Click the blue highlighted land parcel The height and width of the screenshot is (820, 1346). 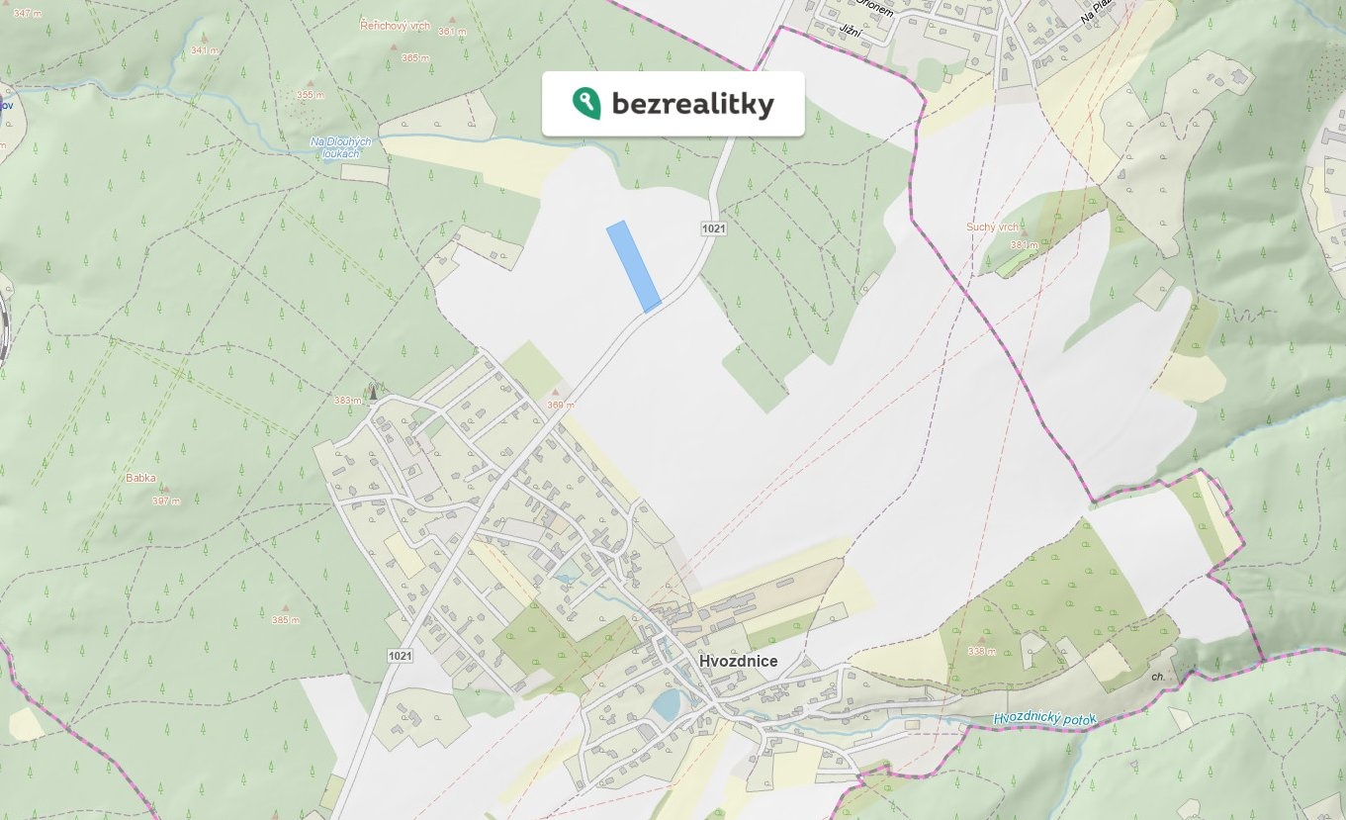coord(633,266)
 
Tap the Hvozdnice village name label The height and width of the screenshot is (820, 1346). coord(738,662)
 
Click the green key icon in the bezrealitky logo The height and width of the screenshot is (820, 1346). coord(585,103)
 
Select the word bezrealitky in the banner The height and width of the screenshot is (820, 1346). coord(692,104)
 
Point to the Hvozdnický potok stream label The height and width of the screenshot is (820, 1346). coord(1045,719)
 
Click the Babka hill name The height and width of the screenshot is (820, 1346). coord(140,478)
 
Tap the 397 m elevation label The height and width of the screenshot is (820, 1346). coord(166,501)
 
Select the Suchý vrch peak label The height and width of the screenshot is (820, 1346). coord(992,228)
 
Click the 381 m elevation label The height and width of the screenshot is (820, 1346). coord(1024,245)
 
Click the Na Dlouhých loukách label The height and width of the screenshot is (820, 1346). coord(340,147)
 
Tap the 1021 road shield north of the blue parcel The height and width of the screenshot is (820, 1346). coord(714,228)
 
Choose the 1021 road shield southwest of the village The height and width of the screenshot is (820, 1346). coord(401,656)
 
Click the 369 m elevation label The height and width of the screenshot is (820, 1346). coord(561,405)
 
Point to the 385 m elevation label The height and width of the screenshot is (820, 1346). coord(285,620)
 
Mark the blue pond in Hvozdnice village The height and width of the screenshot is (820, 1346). coord(666,704)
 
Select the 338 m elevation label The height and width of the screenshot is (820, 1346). coord(982,651)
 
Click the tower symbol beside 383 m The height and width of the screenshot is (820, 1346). coord(373,392)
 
